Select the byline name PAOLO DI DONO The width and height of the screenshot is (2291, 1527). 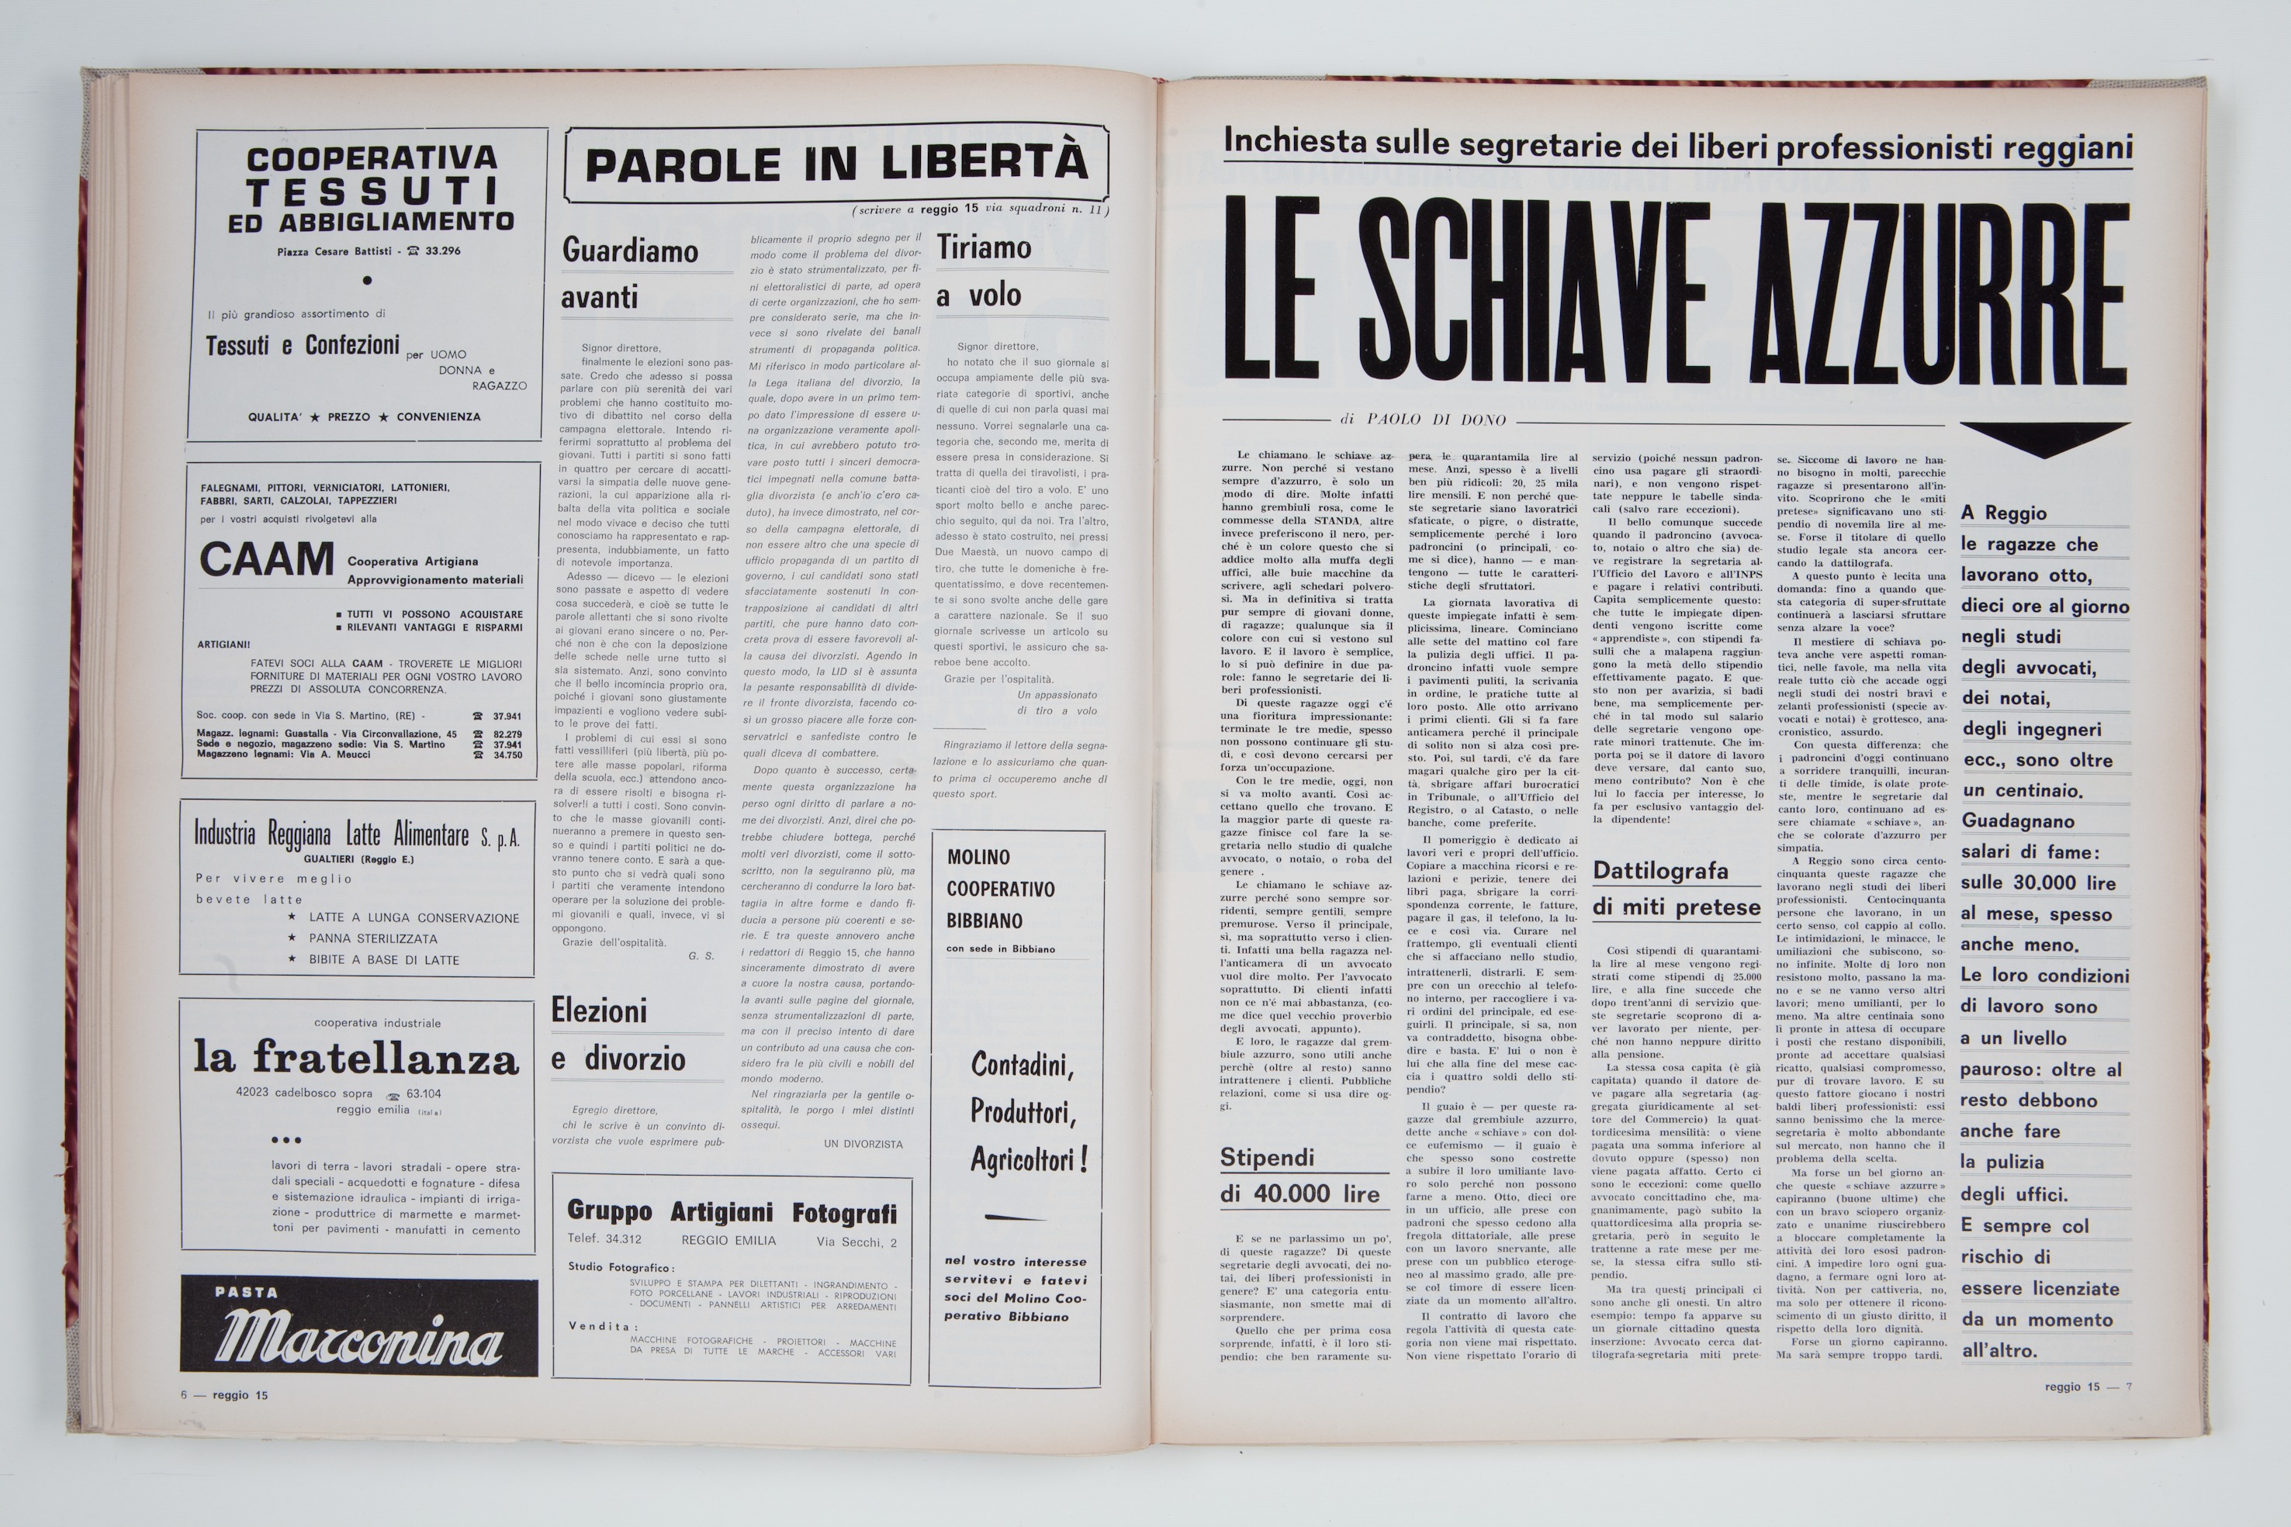point(1436,420)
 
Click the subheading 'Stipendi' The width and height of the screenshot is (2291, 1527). point(1267,1157)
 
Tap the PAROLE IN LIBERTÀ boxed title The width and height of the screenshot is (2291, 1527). point(836,164)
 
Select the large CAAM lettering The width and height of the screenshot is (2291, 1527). point(266,560)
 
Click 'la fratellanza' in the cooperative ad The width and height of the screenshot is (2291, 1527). point(355,1058)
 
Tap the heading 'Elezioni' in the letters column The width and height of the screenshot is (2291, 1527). point(599,1011)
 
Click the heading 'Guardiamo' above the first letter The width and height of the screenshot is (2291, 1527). point(630,251)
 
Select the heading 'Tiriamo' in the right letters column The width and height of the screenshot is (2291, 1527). point(984,248)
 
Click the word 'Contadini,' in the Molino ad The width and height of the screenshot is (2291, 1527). point(1022,1066)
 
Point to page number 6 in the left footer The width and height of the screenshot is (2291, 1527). point(183,1394)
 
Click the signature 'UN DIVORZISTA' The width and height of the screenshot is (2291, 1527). point(863,1143)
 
